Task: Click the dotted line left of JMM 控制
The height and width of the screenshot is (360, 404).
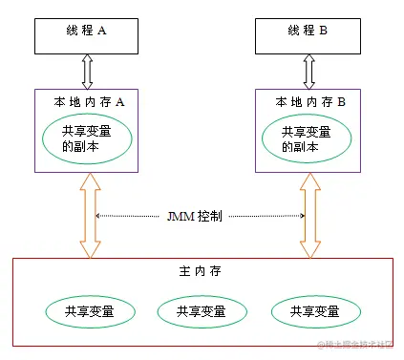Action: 130,216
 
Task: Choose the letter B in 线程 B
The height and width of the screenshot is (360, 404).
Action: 324,30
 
